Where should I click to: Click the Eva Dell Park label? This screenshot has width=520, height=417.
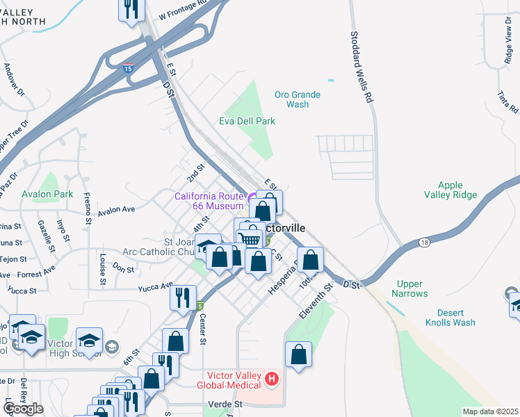(x=247, y=121)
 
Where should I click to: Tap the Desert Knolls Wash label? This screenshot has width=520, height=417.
(x=450, y=318)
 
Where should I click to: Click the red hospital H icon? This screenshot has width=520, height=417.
(x=272, y=379)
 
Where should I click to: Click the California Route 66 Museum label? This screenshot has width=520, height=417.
(x=209, y=201)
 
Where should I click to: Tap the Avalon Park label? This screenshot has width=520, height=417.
(x=47, y=195)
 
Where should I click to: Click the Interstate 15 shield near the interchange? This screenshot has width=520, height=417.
(x=128, y=68)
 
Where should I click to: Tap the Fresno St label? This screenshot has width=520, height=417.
(x=88, y=208)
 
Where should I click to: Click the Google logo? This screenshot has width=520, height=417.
(x=23, y=408)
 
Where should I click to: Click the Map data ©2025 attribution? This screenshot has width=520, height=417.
(x=491, y=411)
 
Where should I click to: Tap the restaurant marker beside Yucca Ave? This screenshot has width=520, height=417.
(x=183, y=298)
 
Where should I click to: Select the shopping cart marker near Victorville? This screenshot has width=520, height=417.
(x=250, y=238)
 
